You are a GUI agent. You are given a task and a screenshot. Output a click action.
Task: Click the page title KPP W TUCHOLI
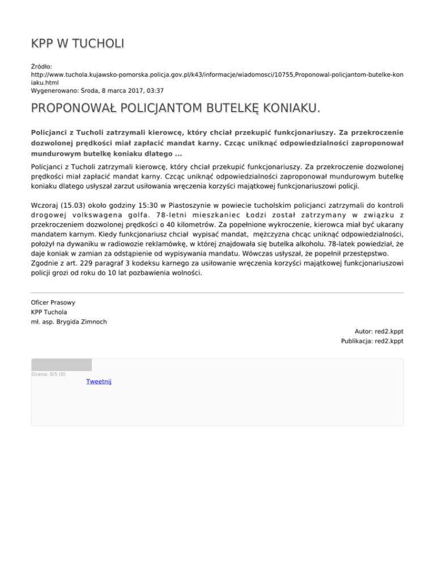(x=78, y=44)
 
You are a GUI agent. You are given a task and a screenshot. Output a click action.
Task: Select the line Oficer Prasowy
(x=53, y=302)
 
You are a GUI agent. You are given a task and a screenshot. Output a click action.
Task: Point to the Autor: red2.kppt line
(x=379, y=331)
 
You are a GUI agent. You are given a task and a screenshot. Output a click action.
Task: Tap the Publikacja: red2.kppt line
(x=372, y=341)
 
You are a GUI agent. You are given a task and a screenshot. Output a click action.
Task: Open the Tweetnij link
(x=99, y=382)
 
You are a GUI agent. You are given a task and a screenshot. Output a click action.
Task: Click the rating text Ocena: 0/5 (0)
(x=48, y=374)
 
